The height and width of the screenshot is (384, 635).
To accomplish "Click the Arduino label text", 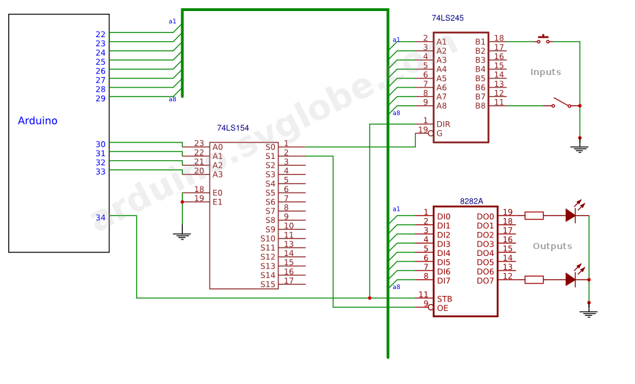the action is click(x=38, y=120).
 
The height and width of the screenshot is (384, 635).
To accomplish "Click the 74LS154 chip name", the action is click(x=233, y=128).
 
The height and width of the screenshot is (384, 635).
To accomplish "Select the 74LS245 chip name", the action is click(x=447, y=18).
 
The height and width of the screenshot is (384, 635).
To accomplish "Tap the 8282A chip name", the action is click(x=471, y=201).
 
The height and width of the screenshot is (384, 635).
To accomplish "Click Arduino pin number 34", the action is click(x=100, y=217).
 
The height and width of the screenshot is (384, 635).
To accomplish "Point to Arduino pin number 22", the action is click(x=100, y=34).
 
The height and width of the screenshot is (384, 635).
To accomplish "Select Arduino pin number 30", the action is click(x=100, y=145).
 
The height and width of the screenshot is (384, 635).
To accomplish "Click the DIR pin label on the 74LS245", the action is click(x=443, y=124).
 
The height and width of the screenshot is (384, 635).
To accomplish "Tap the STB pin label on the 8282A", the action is click(x=444, y=299).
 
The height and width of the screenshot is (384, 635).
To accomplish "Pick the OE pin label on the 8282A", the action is click(x=443, y=308).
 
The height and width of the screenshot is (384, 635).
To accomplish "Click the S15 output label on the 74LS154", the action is click(x=268, y=284).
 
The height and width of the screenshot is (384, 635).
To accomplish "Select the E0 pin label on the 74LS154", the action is click(x=217, y=193).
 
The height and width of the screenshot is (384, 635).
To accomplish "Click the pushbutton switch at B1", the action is click(x=544, y=40).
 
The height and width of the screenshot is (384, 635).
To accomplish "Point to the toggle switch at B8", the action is click(x=561, y=103).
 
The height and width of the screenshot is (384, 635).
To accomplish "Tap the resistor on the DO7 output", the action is click(x=534, y=279).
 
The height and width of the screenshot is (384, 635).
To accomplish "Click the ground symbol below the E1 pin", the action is click(x=182, y=236).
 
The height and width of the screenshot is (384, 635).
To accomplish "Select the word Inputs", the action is click(x=546, y=72).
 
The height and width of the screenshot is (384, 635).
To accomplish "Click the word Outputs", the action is click(x=553, y=246).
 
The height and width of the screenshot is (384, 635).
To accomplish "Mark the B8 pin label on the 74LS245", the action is click(x=480, y=106).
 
